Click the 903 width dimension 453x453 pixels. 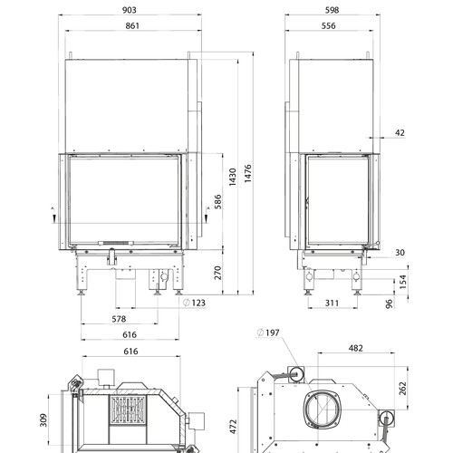[x=130, y=10]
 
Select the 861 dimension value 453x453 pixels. [x=132, y=25]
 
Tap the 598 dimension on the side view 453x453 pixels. [x=332, y=10]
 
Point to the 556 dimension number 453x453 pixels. [x=328, y=25]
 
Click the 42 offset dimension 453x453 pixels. [x=400, y=132]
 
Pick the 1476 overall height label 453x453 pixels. [x=247, y=173]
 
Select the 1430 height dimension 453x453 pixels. [x=232, y=177]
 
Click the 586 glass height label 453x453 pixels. [x=217, y=202]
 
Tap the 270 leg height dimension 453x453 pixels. [x=217, y=273]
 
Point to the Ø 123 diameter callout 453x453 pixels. [x=195, y=303]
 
